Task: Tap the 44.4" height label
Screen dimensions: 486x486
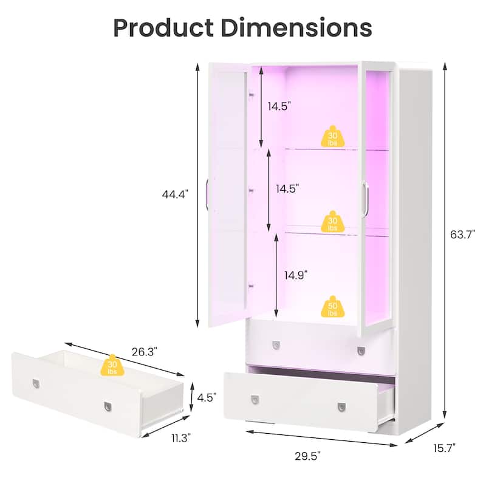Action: pos(176,194)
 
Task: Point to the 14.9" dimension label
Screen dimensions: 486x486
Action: pos(296,275)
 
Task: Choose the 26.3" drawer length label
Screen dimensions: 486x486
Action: pos(144,351)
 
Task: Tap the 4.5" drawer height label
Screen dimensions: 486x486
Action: pos(207,398)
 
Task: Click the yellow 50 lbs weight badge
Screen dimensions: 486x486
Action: pos(332,309)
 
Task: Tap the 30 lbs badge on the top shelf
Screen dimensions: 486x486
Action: pos(332,138)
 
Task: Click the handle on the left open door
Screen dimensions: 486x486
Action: pos(207,194)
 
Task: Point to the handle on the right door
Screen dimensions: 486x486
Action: pos(366,199)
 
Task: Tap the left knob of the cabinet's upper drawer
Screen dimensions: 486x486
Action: pos(276,344)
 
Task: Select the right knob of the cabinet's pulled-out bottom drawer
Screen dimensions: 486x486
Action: pos(341,406)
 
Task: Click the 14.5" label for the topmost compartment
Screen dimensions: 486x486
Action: pos(279,106)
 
